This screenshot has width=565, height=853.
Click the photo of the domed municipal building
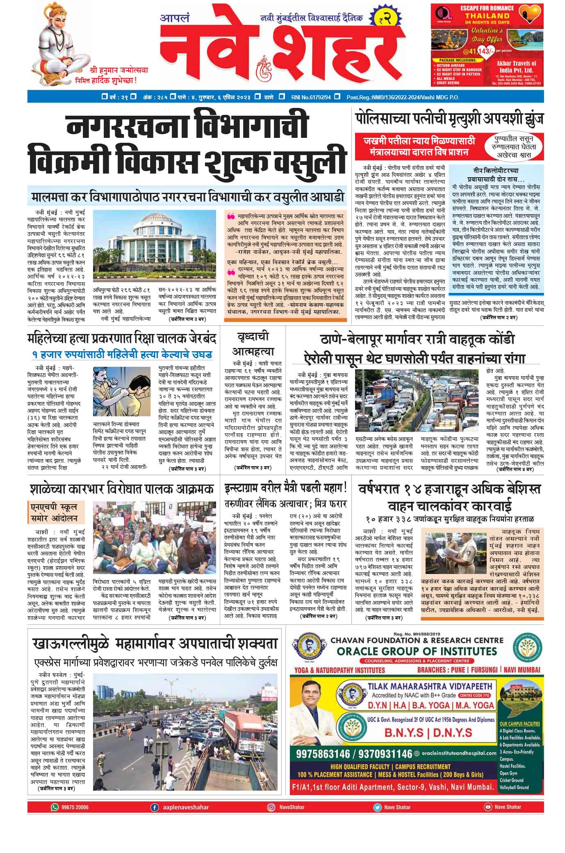155,243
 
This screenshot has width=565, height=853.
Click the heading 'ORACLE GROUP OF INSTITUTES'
417,651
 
